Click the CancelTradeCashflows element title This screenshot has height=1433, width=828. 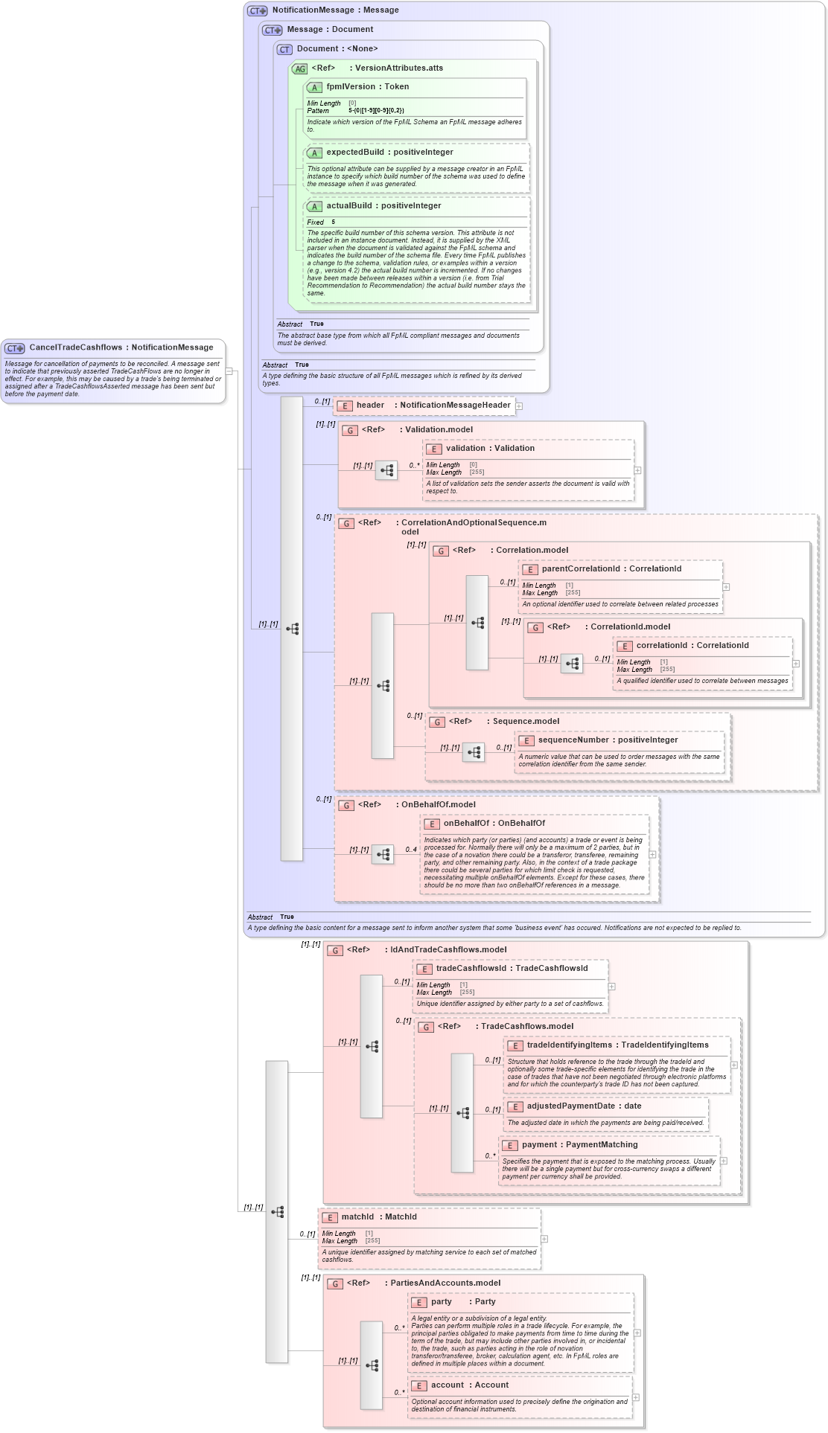(x=121, y=347)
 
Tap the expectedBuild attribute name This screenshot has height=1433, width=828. (x=389, y=153)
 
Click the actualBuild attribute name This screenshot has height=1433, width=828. (x=383, y=206)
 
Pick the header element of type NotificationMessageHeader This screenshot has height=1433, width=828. (x=433, y=405)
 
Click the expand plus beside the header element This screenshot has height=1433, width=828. (x=519, y=406)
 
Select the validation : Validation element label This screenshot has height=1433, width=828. (x=490, y=449)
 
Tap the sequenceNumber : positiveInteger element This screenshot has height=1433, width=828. (x=608, y=740)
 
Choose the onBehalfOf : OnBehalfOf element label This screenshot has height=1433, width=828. (x=494, y=824)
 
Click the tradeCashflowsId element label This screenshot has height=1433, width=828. (x=512, y=969)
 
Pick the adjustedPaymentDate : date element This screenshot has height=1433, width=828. (x=584, y=1106)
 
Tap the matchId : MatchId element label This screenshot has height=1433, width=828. (x=378, y=1217)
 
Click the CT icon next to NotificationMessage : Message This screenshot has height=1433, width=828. (x=258, y=11)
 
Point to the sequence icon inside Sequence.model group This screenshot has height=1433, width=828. (x=474, y=753)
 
